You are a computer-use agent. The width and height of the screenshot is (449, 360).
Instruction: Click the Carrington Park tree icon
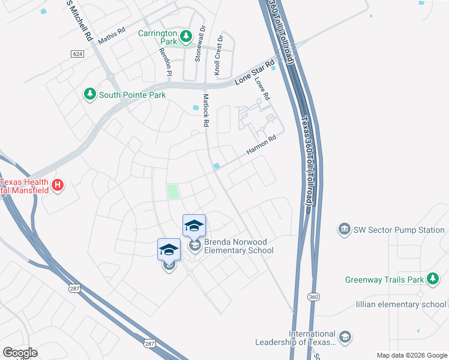point(186,37)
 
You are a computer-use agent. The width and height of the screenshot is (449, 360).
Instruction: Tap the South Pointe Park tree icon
point(89,94)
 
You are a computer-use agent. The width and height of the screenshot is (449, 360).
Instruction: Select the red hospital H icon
point(58,185)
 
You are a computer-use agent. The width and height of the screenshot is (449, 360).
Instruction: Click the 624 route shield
point(76,54)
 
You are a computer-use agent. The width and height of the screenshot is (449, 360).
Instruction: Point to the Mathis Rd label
point(112,40)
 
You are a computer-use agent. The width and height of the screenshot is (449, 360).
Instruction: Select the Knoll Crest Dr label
point(220,54)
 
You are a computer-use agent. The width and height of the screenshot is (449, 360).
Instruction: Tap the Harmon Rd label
point(262,146)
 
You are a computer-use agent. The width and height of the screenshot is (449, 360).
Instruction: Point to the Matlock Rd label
point(205,110)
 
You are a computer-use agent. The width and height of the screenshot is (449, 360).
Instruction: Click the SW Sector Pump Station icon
point(344,229)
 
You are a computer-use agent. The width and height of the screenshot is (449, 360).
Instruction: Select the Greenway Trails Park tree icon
point(432,279)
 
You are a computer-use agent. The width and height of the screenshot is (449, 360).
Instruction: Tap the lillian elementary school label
point(401,304)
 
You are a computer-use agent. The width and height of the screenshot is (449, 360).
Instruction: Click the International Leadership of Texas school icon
point(345,338)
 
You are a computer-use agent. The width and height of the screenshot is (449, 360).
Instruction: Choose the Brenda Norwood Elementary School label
point(239,246)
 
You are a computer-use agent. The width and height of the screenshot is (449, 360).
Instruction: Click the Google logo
point(20,353)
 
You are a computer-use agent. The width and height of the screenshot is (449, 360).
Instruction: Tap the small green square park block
point(173,192)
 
